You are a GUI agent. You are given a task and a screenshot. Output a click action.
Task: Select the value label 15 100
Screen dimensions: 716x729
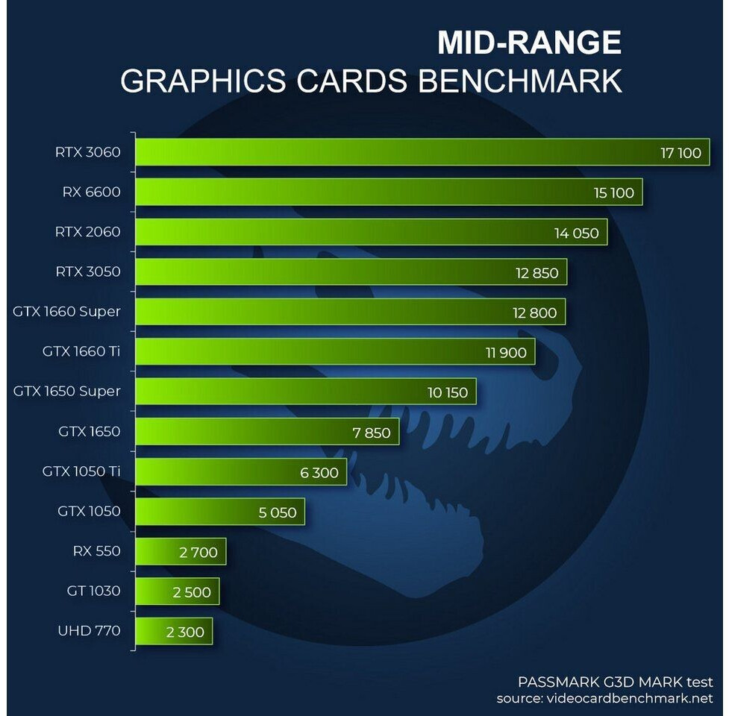pyautogui.click(x=613, y=193)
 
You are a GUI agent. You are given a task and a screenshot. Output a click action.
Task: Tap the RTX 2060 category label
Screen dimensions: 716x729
pyautogui.click(x=87, y=232)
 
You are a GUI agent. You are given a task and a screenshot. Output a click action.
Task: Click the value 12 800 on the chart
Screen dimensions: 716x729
pyautogui.click(x=534, y=313)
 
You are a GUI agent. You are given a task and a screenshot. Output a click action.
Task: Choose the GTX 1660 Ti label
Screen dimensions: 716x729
pyautogui.click(x=81, y=351)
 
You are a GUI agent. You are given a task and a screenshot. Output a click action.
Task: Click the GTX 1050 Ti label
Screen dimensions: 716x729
pyautogui.click(x=81, y=471)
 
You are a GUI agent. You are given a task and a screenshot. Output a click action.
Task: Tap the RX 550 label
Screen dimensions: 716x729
pyautogui.click(x=96, y=552)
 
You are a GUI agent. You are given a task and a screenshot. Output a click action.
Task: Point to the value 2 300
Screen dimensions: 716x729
pyautogui.click(x=185, y=632)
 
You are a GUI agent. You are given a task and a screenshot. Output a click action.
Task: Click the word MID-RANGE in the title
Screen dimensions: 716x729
pyautogui.click(x=529, y=43)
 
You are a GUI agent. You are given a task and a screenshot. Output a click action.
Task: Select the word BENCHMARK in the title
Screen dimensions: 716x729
pyautogui.click(x=519, y=81)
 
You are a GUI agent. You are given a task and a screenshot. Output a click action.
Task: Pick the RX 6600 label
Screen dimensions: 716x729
pyautogui.click(x=91, y=192)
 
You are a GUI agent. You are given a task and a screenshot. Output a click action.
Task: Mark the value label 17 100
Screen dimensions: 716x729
pyautogui.click(x=680, y=154)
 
